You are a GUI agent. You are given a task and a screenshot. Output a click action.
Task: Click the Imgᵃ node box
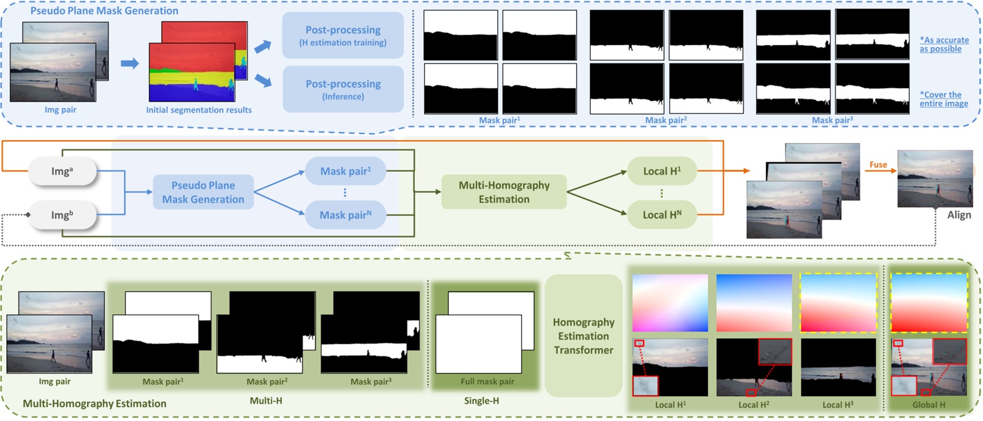[x=62, y=171]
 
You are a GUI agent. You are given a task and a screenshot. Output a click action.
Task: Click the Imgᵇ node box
[x=62, y=215]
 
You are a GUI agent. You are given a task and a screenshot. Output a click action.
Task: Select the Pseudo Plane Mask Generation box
[x=203, y=192]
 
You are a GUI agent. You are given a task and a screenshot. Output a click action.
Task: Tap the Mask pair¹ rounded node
[x=345, y=171]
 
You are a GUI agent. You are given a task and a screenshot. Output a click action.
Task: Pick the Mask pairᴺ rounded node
[x=345, y=215]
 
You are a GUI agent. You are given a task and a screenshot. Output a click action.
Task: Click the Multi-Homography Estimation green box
[x=504, y=192]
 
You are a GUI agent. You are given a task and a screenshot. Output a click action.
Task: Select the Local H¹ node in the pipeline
[x=662, y=171]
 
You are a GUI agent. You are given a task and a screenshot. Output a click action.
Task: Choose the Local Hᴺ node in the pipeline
[x=662, y=215]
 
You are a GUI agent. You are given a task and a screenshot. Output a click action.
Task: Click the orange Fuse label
[x=878, y=165]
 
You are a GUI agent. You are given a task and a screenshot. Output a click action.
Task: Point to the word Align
[x=959, y=215]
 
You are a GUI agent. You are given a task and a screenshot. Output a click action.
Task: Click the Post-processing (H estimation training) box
[x=343, y=35]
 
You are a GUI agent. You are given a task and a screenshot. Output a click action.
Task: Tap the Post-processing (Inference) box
[x=343, y=89]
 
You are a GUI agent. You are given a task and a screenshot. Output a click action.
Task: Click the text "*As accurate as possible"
[x=944, y=44]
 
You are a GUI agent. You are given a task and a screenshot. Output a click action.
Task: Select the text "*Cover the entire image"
[x=944, y=99]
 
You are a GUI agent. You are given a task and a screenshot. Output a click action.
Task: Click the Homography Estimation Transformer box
[x=583, y=336]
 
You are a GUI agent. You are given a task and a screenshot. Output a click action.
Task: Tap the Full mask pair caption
[x=487, y=381]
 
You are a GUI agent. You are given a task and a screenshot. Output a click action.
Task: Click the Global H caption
[x=929, y=405]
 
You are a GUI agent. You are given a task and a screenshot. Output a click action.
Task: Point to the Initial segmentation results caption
[x=199, y=110]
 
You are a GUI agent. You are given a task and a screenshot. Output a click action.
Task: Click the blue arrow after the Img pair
[x=129, y=63]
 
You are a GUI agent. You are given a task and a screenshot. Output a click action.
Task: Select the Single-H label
[x=481, y=401]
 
